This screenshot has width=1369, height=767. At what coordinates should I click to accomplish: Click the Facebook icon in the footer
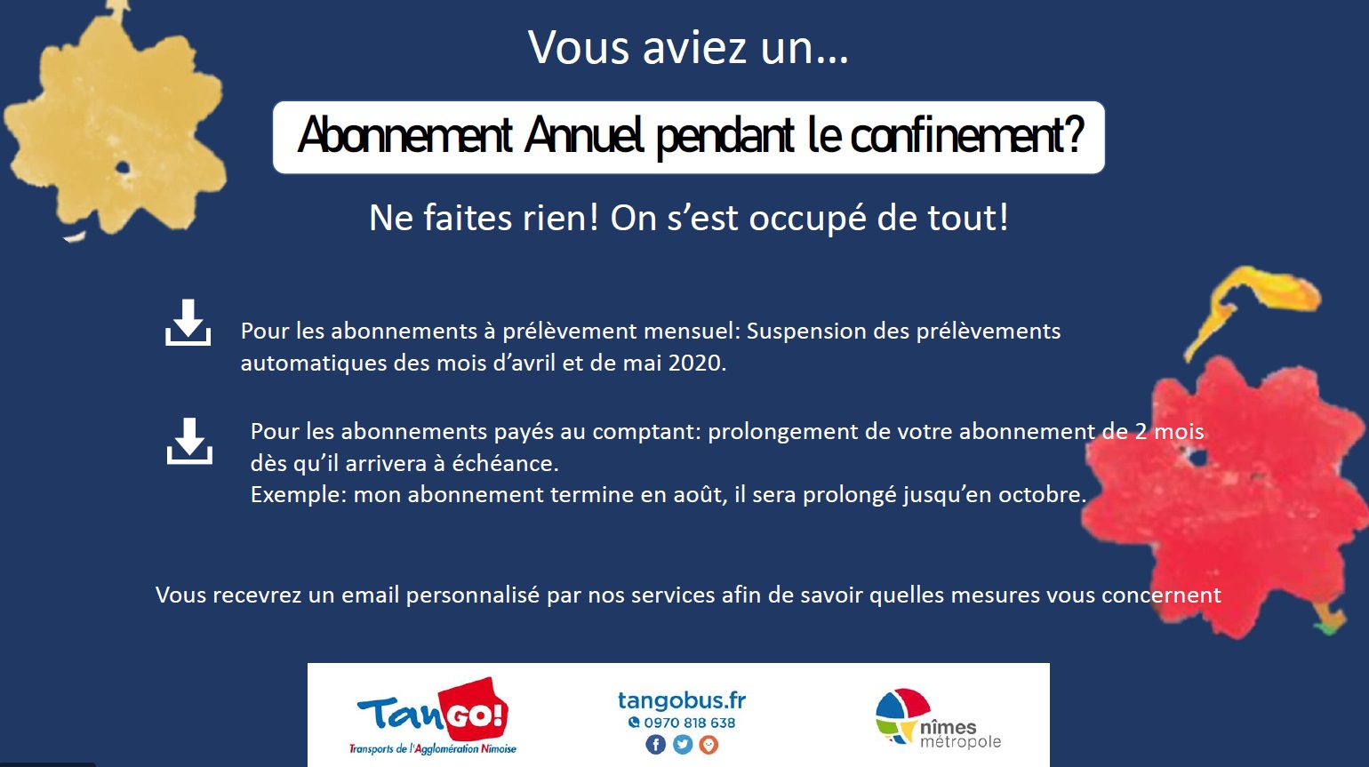[x=655, y=745]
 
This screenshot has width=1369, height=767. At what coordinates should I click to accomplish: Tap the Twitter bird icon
[x=682, y=745]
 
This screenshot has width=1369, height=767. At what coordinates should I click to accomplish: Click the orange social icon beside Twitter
[x=709, y=745]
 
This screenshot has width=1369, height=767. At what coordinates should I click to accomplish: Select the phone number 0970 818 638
[x=690, y=723]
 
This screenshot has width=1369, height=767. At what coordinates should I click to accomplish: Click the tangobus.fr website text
[x=682, y=700]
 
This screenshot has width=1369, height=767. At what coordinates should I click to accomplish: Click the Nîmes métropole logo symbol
[x=901, y=715]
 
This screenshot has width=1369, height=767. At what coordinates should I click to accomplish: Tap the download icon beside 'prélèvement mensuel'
[x=188, y=323]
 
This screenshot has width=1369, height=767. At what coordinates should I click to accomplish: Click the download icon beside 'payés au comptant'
[x=189, y=441]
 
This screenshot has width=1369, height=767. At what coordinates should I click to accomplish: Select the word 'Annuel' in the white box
[x=584, y=135]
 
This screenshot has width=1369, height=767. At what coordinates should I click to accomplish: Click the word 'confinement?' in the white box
[x=967, y=135]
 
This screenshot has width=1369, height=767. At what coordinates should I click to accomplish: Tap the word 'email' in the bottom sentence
[x=371, y=595]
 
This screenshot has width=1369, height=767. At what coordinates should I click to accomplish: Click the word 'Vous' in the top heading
[x=579, y=47]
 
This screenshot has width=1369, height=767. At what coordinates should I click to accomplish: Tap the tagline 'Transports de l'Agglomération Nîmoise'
[x=433, y=748]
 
